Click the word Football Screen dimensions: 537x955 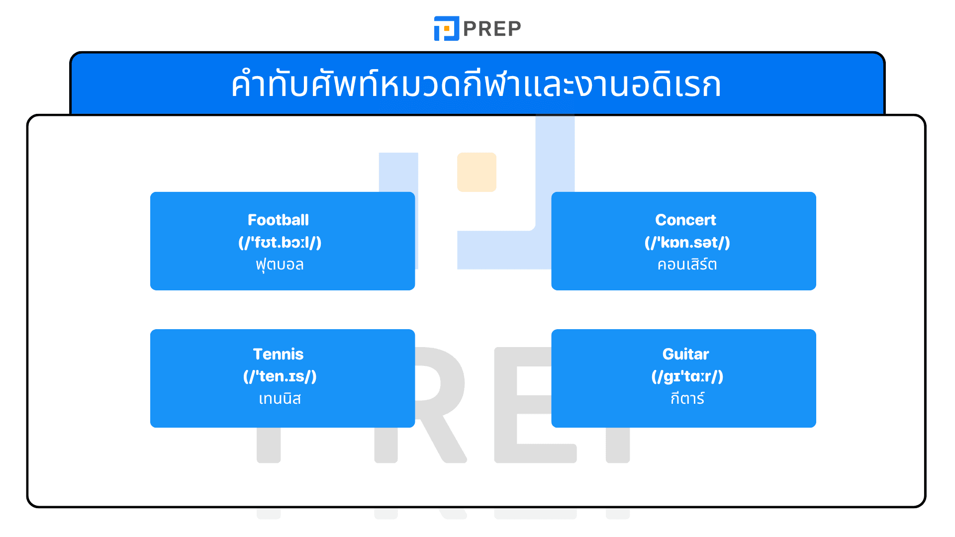point(278,220)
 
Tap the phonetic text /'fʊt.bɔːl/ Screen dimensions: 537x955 point(280,243)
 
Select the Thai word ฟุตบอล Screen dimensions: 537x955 point(280,265)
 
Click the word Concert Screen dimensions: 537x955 point(685,220)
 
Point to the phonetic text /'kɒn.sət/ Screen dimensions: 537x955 point(687,243)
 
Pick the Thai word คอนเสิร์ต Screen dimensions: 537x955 point(687,265)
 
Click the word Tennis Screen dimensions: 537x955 point(278,354)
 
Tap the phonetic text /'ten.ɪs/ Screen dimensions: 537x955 point(280,376)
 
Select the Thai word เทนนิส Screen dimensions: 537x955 point(280,399)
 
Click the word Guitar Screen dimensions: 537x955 point(685,354)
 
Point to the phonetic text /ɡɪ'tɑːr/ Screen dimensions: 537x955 point(687,376)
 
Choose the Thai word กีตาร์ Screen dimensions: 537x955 point(687,399)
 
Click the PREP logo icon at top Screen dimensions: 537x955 point(446,28)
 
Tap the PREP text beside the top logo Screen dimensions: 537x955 point(492,29)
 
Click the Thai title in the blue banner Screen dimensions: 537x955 point(477,85)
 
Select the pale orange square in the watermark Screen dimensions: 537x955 point(477,172)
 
